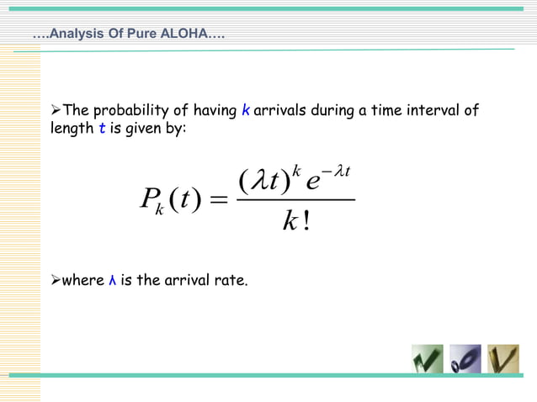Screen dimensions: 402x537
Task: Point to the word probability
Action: [141, 111]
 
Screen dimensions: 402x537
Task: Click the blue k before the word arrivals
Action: [245, 111]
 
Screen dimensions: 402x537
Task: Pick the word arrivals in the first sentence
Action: [280, 111]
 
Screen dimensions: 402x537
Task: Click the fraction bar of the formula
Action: [295, 200]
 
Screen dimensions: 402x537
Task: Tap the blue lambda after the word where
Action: [113, 280]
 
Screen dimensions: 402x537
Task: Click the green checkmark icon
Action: [428, 359]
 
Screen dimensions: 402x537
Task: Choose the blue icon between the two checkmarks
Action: [465, 359]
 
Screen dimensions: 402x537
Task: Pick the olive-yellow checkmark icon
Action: [502, 359]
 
